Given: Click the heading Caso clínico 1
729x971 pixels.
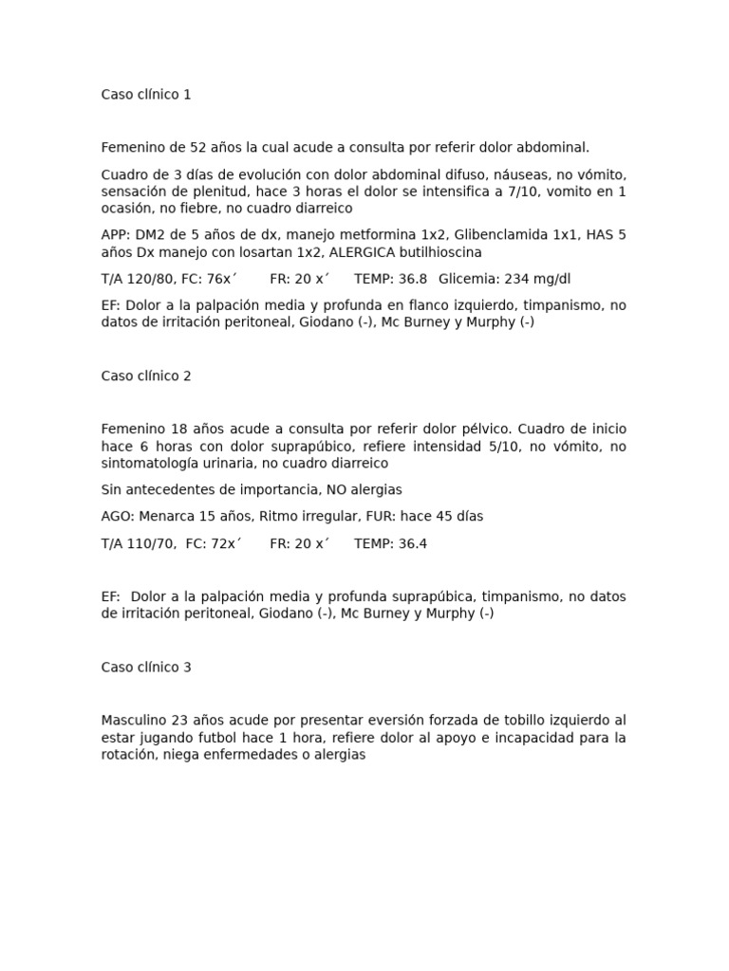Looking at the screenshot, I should [146, 95].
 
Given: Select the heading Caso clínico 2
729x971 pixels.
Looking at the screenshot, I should [146, 376].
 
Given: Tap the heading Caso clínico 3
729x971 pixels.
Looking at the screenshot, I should [146, 668].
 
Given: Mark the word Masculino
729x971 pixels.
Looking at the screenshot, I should [134, 721].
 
